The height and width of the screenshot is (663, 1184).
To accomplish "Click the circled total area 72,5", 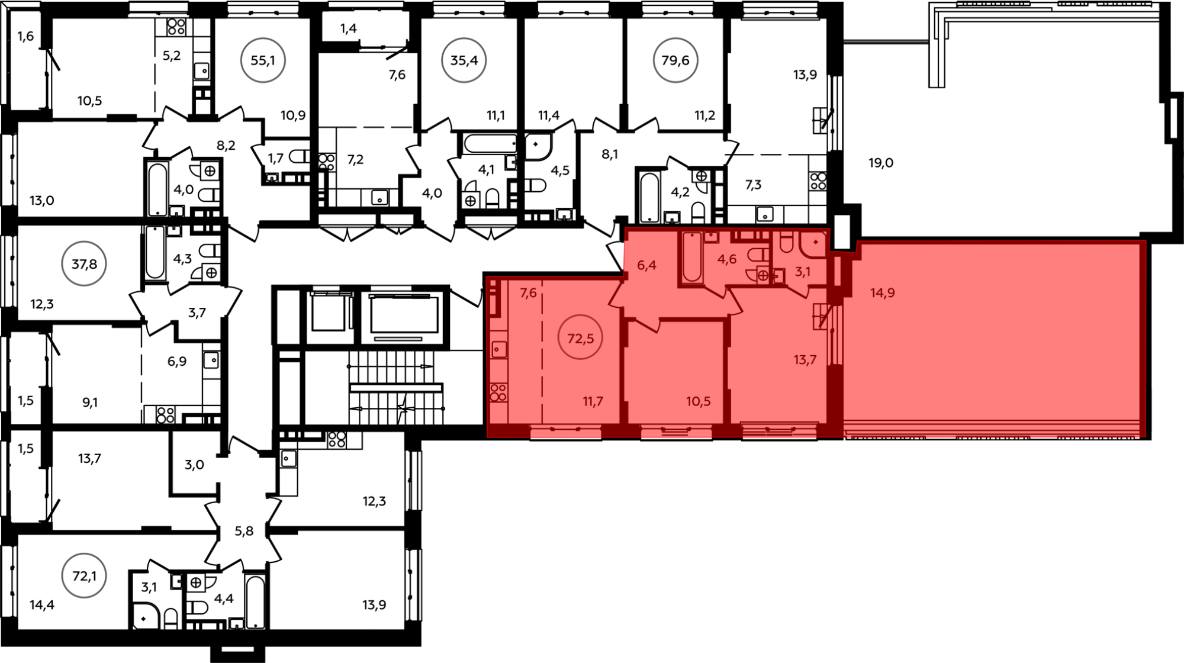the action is coord(580,337).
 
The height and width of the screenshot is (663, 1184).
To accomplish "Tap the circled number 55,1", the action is coord(262,60).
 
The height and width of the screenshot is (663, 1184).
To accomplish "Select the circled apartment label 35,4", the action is coord(464,60).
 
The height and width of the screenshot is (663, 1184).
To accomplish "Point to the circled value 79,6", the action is coord(675,60).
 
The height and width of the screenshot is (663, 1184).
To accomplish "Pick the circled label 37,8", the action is coord(84,263).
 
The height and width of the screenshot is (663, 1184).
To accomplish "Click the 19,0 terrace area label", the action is coord(881,163).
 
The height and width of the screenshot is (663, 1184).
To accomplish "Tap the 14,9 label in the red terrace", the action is coord(882,292).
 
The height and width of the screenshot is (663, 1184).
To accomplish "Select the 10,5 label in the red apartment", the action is coord(699,401).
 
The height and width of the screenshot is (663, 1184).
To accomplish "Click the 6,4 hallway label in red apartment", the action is coord(646,265).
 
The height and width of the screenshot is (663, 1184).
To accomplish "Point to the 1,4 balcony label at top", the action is coord(349,28).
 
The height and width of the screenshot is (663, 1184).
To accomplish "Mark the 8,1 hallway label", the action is coord(609,155).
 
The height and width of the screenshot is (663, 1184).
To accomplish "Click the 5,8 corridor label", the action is coord(244,531).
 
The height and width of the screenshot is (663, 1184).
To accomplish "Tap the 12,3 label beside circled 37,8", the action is coord(42,304).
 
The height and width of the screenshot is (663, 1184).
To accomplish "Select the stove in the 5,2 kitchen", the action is coord(176,26).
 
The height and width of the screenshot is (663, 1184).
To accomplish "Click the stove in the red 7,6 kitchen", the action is coord(498,393).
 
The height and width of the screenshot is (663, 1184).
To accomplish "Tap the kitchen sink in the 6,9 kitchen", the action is coord(211,359).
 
